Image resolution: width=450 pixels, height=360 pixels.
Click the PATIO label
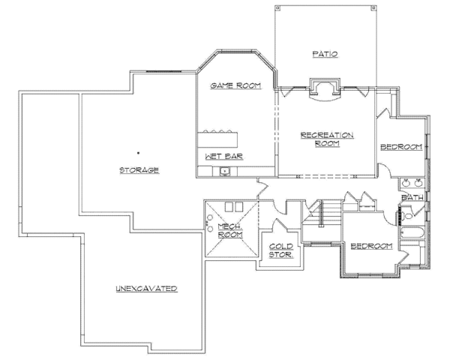[325, 54]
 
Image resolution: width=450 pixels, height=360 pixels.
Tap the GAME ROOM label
[235, 85]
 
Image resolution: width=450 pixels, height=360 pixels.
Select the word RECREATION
[327, 135]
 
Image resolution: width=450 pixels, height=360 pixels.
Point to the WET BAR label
[224, 157]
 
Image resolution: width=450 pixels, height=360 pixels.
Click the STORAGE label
[139, 170]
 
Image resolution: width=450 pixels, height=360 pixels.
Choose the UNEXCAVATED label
[147, 289]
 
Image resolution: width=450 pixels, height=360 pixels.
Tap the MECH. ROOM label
[230, 230]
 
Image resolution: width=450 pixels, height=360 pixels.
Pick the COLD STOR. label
[281, 250]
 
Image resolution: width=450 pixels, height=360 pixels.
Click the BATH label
[412, 197]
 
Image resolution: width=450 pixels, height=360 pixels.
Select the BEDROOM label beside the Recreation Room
[401, 147]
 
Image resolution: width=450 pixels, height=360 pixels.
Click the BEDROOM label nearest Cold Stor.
[372, 246]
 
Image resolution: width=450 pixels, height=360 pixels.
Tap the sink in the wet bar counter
[225, 172]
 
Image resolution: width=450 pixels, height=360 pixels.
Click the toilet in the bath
[406, 215]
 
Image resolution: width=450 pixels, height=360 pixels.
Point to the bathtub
[412, 232]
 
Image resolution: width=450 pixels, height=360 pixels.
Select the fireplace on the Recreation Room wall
[325, 89]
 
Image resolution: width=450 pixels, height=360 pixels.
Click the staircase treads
[330, 213]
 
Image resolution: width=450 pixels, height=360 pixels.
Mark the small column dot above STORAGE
[138, 153]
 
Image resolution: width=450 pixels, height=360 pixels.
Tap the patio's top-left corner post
[277, 8]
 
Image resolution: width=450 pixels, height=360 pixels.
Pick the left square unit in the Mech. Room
[229, 207]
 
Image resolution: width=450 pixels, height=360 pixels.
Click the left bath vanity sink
[406, 182]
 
